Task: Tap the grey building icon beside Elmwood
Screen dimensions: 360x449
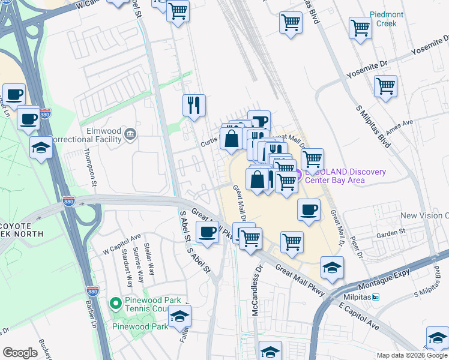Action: (130, 133)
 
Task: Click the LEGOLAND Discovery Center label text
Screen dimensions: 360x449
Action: (345, 176)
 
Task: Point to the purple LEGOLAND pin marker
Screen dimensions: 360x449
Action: (298, 175)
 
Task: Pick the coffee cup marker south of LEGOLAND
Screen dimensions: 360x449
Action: (309, 209)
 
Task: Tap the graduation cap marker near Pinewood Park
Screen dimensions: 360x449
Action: (179, 315)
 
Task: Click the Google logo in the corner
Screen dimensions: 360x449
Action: (20, 353)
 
